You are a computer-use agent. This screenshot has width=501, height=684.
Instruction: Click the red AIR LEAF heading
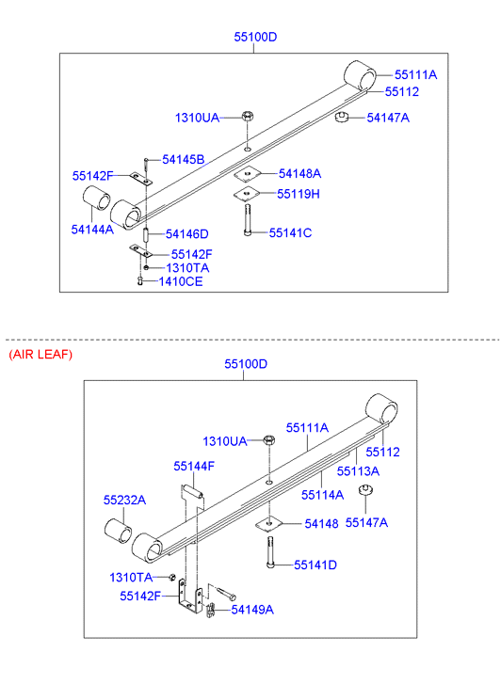40,354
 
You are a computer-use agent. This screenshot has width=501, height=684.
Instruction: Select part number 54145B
184,159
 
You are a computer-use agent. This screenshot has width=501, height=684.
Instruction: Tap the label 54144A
92,229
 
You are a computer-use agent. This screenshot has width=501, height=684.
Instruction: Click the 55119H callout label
299,194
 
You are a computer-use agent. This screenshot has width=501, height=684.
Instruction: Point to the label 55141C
290,232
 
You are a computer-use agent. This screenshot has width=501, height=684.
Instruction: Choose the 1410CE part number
181,281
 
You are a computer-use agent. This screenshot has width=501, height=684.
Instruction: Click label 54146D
187,234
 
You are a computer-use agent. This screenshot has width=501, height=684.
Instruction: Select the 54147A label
388,118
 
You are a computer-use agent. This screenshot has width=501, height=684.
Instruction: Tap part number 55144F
194,466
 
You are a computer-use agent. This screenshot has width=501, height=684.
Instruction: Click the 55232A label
124,500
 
